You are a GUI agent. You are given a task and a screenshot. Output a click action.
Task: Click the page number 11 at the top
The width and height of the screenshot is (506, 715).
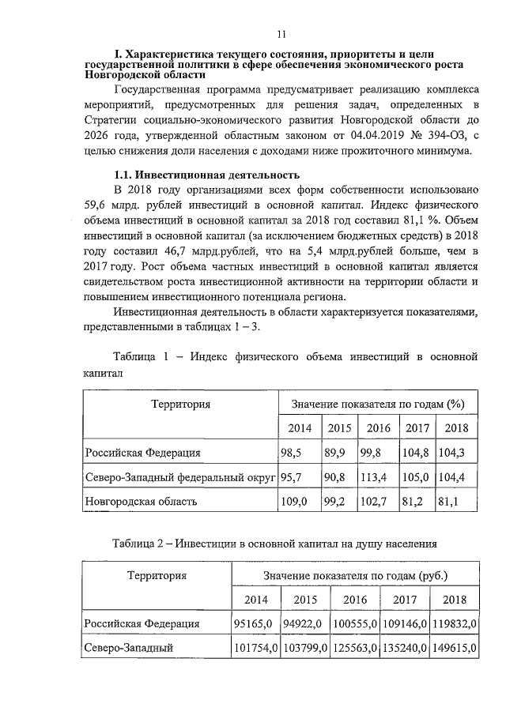tap(281, 34)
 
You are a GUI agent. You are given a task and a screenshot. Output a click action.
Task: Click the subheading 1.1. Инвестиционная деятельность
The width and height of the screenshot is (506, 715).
tap(207, 174)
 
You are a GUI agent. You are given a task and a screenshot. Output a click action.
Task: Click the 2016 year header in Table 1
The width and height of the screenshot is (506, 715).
tap(379, 428)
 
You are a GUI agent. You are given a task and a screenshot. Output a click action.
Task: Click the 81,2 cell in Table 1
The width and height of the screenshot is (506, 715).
tap(416, 502)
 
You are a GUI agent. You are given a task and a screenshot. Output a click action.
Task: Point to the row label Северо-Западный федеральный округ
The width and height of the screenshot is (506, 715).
tap(180, 477)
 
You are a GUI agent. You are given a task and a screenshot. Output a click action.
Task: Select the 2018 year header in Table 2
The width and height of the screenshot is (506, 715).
tap(455, 599)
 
